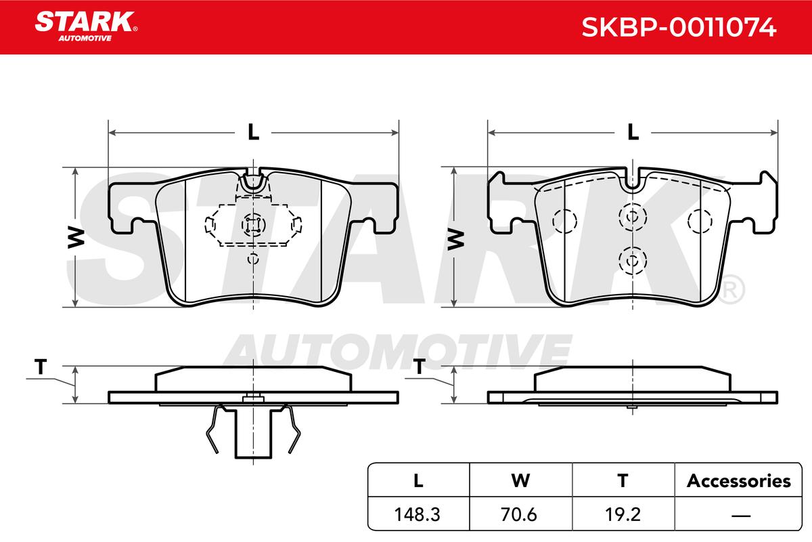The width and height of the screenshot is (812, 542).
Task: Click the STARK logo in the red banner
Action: click(x=86, y=26)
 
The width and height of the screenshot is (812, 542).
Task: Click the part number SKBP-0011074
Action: click(x=679, y=27)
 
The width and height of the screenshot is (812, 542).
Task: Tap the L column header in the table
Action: click(x=418, y=480)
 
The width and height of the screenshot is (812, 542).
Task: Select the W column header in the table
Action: click(x=520, y=480)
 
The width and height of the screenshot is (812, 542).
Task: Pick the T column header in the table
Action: click(x=623, y=480)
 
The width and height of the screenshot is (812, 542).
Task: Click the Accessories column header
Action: click(x=738, y=480)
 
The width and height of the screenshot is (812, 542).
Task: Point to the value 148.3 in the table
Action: click(x=417, y=514)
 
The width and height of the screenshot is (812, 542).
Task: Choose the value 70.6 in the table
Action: click(x=519, y=514)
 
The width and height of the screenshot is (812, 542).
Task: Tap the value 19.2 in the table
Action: click(x=623, y=514)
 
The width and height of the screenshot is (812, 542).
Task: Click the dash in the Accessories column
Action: click(x=741, y=515)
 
